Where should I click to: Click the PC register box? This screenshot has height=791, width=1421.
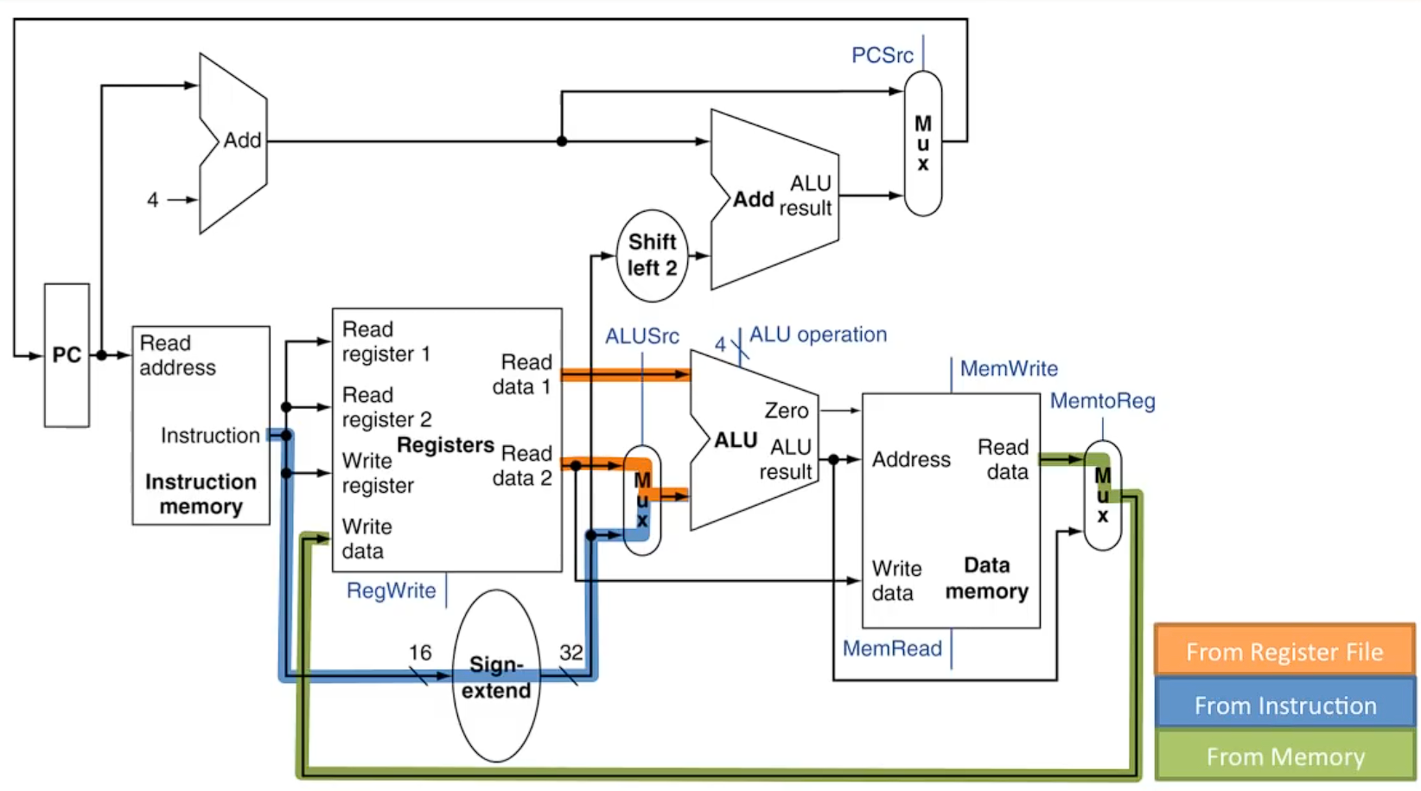67,355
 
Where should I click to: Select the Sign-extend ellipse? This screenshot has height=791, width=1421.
496,676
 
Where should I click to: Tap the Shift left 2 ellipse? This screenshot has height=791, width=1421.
653,255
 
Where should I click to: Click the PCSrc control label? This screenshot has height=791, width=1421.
882,55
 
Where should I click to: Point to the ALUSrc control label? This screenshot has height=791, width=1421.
641,336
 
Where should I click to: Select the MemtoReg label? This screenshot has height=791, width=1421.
1102,401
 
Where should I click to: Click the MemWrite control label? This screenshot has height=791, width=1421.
1009,369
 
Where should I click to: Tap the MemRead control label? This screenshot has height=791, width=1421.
892,648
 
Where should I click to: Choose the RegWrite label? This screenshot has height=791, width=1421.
391,590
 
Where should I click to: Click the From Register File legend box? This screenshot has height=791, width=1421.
1284,651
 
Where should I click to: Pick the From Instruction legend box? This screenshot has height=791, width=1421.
1284,705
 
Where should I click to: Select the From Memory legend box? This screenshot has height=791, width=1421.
1284,756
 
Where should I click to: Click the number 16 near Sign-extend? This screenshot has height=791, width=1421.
420,653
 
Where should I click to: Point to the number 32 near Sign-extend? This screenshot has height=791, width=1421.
570,653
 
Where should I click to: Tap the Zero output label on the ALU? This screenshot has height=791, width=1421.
786,411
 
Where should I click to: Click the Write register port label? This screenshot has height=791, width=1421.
378,473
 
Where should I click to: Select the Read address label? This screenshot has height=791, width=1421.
177,355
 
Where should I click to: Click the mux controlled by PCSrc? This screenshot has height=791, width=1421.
923,144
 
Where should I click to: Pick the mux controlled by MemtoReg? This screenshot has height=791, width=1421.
1103,495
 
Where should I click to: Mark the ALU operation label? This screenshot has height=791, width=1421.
818,335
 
